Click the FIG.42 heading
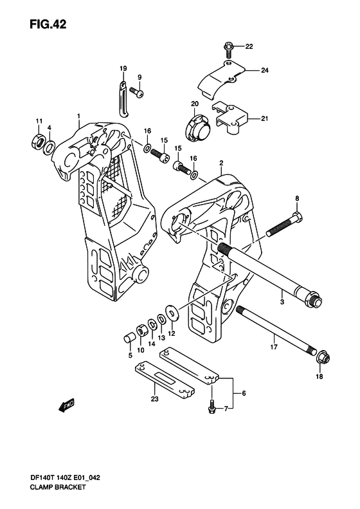tap(48, 24)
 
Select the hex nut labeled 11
tap(38, 142)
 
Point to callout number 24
tap(265, 70)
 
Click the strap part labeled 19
tap(123, 98)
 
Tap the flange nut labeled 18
tap(322, 358)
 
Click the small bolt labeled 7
tap(212, 406)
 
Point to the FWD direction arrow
tap(67, 405)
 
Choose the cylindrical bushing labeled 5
tap(129, 338)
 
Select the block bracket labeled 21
tap(230, 118)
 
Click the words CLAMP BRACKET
tap(57, 487)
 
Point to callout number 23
tap(154, 398)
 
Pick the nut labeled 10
tap(141, 330)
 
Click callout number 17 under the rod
tap(274, 347)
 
